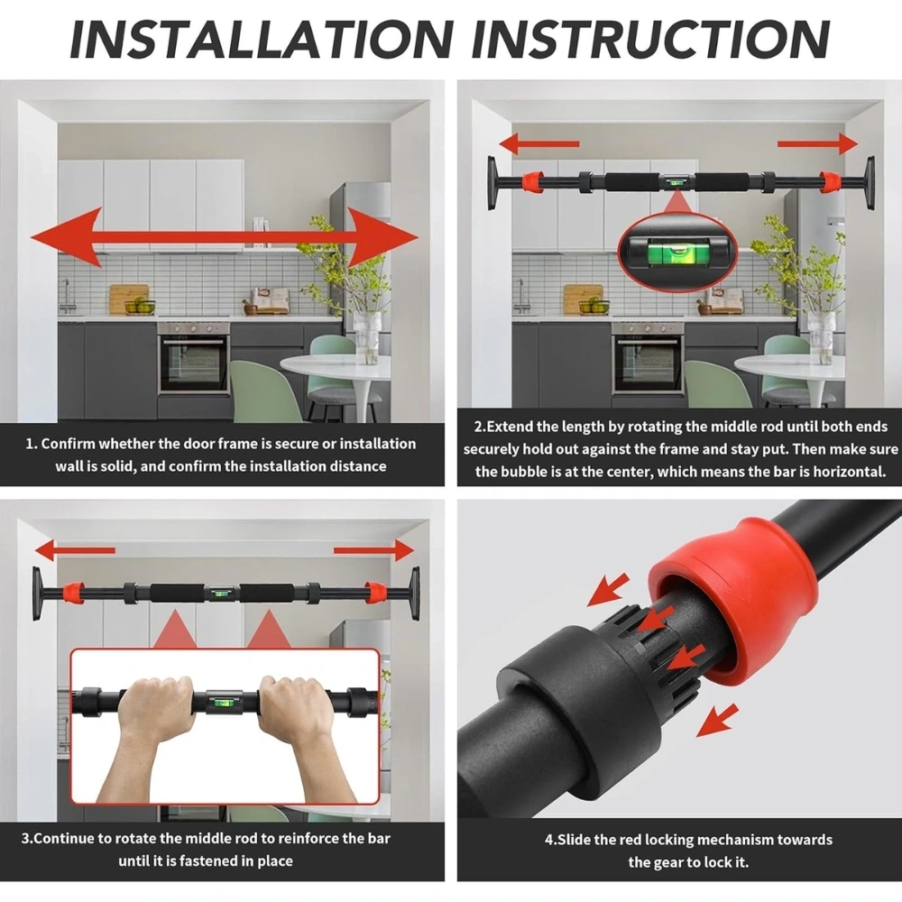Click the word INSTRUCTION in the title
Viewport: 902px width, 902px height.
pyautogui.click(x=650, y=39)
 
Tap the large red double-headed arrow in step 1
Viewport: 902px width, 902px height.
pyautogui.click(x=225, y=237)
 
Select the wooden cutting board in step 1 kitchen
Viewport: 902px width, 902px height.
pyautogui.click(x=129, y=298)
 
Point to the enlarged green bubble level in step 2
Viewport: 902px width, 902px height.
pyautogui.click(x=677, y=251)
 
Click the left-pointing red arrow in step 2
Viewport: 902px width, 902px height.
pyautogui.click(x=538, y=143)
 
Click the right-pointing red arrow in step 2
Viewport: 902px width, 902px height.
pyautogui.click(x=817, y=143)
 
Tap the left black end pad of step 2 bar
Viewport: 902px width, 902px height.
pyautogui.click(x=493, y=182)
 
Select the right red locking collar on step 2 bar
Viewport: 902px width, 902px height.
pyautogui.click(x=830, y=182)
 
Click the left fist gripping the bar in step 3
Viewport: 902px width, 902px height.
pyautogui.click(x=156, y=705)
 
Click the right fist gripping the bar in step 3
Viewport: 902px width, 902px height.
pyautogui.click(x=294, y=705)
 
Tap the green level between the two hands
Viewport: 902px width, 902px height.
pyautogui.click(x=225, y=702)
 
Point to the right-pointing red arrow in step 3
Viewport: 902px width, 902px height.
pyautogui.click(x=373, y=550)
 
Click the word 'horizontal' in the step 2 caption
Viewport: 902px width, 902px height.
pyautogui.click(x=849, y=472)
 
